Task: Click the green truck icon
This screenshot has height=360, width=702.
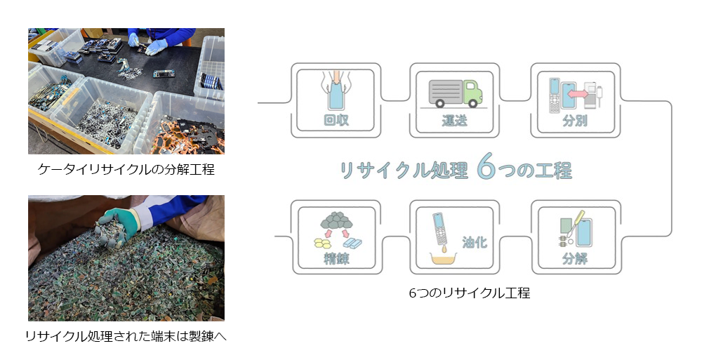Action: click(x=456, y=93)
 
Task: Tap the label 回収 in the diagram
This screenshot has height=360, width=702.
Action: click(x=336, y=120)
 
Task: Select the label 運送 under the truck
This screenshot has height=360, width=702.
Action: click(x=454, y=121)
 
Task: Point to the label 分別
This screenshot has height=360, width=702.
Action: click(x=575, y=121)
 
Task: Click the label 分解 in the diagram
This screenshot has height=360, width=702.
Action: click(x=575, y=258)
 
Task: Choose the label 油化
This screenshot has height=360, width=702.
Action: click(x=475, y=242)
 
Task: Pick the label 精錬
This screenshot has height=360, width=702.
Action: click(x=336, y=258)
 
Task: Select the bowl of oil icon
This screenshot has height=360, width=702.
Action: click(x=443, y=258)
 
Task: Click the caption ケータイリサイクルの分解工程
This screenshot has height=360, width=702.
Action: click(x=126, y=169)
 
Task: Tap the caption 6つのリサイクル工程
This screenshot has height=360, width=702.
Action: click(x=470, y=293)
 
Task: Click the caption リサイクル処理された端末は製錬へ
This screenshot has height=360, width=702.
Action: click(x=126, y=336)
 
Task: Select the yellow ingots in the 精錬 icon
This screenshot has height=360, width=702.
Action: click(x=322, y=243)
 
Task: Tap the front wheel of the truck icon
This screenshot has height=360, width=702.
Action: click(x=472, y=103)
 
